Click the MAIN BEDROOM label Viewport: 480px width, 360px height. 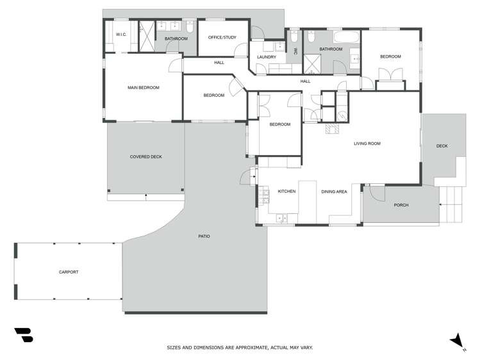coord(143,88)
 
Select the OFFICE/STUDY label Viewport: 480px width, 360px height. coord(222,37)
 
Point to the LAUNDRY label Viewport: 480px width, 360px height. coord(266,57)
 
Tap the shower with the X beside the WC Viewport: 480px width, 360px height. coord(314,63)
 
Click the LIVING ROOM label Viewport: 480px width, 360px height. coord(367,143)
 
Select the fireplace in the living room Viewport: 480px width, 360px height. coord(333,129)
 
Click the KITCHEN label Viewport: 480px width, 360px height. coord(286,192)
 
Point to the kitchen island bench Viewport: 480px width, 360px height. coord(308,199)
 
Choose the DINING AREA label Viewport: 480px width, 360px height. coord(334,192)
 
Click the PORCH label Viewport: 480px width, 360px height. coord(401,205)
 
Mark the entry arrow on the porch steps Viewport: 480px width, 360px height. coord(442,204)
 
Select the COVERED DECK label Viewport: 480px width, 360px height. coord(145,157)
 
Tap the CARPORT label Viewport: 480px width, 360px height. coord(69,272)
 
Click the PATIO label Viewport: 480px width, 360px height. coord(204,236)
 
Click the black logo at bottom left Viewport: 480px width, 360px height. coord(23,336)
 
